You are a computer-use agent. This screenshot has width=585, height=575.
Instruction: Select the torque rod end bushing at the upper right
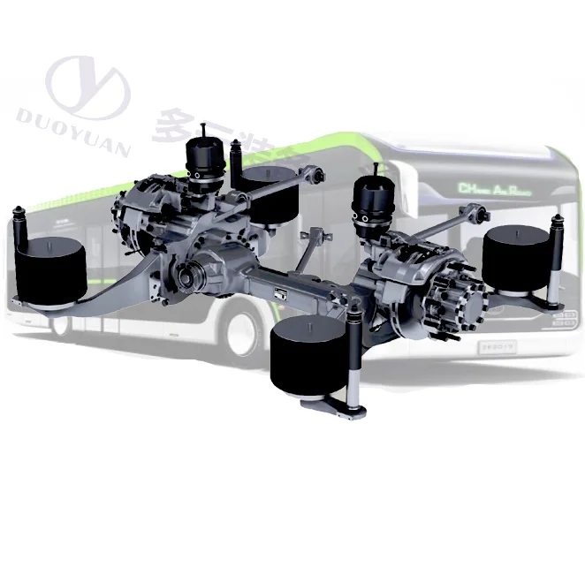click(476, 212)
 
